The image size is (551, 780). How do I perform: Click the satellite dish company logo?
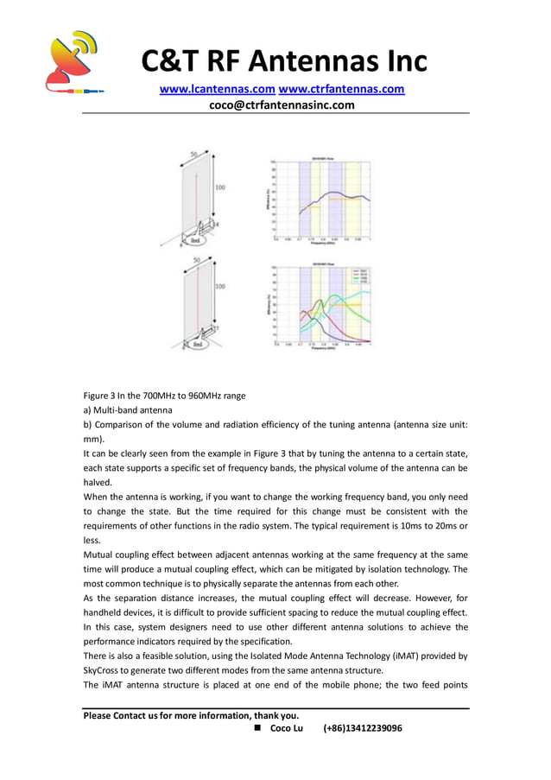[73, 62]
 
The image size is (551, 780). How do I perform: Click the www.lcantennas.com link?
[216, 89]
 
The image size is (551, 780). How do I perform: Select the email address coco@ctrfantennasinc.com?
[282, 105]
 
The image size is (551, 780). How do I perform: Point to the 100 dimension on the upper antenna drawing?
[220, 187]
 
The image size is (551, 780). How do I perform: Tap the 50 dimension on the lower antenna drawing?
[197, 259]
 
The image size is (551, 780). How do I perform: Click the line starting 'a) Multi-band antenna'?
[128, 409]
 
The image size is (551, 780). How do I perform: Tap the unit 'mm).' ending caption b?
[94, 439]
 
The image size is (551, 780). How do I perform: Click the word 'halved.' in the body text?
[98, 483]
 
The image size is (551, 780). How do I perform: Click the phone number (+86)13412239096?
[363, 728]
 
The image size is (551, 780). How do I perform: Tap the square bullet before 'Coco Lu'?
[258, 728]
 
